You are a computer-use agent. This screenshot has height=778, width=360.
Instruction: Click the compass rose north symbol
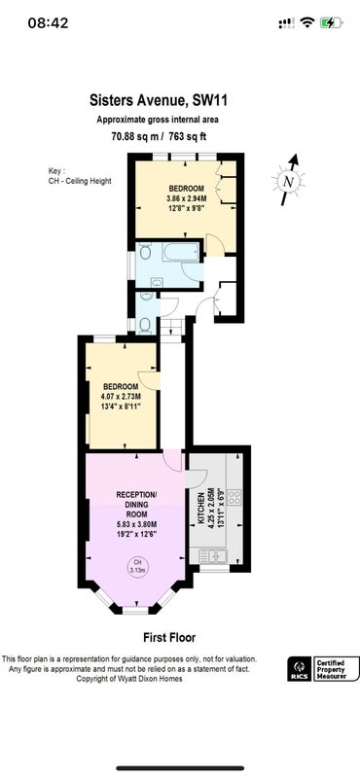pos(289,180)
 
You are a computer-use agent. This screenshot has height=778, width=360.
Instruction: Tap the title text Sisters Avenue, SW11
pos(159,101)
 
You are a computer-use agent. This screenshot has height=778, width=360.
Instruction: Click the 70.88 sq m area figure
pos(131,137)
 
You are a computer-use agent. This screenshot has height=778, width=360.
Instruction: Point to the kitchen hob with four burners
pos(234,497)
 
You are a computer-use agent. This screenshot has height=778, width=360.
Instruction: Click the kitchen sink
pos(213,555)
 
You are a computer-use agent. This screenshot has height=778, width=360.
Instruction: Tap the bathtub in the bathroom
pos(181,252)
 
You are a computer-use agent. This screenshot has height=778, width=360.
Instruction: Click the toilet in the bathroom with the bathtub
pos(144,253)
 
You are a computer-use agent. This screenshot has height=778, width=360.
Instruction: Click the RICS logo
pos(300,669)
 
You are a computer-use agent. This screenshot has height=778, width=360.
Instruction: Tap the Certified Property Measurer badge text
pos(337,669)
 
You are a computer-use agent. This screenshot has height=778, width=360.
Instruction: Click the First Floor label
pos(169,638)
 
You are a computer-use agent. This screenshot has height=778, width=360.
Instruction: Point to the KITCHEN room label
pos(201,509)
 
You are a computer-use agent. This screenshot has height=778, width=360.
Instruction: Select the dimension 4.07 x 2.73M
pos(121,397)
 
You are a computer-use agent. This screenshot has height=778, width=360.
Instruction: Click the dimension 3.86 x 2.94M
pos(187,198)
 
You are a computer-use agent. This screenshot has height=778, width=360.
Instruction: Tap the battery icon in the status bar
pos(331,22)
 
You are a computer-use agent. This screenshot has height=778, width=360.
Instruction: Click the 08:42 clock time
pos(49,22)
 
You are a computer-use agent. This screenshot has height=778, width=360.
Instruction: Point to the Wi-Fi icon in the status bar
pos(307,22)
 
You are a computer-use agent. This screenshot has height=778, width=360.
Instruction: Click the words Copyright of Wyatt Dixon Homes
pos(128,679)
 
